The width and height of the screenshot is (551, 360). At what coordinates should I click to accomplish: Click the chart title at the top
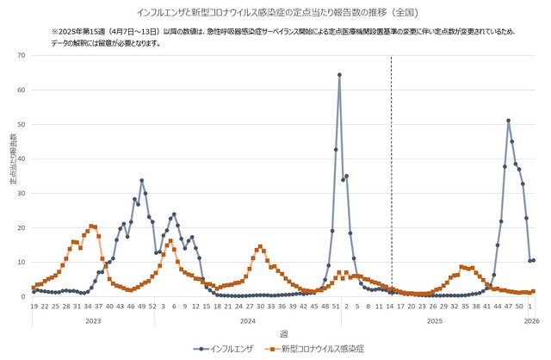[x=276, y=13]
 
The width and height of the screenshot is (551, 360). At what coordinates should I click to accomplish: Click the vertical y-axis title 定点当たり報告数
[x=12, y=164]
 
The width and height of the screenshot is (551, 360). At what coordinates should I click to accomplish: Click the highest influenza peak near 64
[x=339, y=75]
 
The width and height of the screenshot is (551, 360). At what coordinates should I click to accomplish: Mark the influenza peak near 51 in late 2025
[x=509, y=121]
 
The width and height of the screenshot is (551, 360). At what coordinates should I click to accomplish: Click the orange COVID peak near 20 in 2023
[x=91, y=226]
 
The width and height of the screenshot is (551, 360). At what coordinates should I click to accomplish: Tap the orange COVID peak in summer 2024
[x=260, y=247]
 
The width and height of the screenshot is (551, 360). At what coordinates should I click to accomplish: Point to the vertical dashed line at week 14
[x=392, y=172]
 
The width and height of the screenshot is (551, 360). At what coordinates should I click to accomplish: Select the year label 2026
[x=531, y=320]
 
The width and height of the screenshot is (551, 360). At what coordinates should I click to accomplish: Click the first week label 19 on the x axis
[x=34, y=306]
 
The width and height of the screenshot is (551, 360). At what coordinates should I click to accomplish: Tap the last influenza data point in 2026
[x=534, y=260]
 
